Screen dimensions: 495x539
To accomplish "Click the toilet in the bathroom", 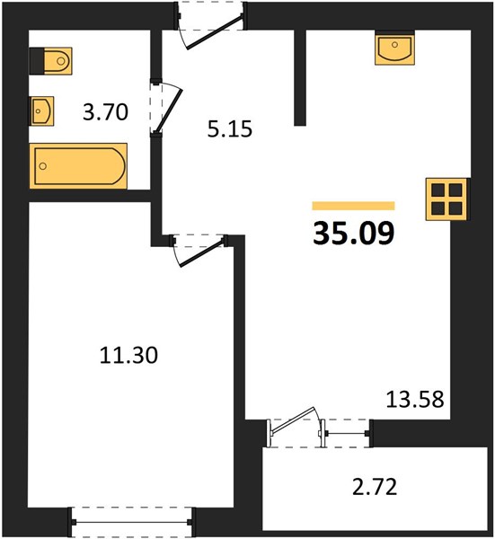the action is [51, 61].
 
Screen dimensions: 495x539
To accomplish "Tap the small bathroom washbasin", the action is [41, 110].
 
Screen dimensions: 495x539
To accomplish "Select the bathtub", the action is [78, 166].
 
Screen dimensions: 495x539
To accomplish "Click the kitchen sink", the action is [394, 48].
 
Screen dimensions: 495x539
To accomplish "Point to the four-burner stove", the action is [446, 199].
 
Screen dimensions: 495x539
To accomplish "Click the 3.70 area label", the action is [105, 112].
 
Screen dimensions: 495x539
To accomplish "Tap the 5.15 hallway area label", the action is [230, 129].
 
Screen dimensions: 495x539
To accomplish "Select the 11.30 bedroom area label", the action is [128, 355].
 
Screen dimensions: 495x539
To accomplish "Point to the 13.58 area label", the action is [415, 400].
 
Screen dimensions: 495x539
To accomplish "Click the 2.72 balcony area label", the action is [375, 487].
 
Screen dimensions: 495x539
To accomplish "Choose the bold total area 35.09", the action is [354, 234].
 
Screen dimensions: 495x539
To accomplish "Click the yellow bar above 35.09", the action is [353, 206].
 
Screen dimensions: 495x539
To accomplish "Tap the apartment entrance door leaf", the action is [214, 31].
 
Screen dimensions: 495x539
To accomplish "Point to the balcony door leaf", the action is [293, 420].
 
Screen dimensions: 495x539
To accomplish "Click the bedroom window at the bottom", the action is [131, 522].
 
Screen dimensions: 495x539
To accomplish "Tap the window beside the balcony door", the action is [348, 433].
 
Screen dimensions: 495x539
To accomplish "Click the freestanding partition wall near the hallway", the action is [300, 77].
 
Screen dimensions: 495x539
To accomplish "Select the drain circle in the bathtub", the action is [43, 166].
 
